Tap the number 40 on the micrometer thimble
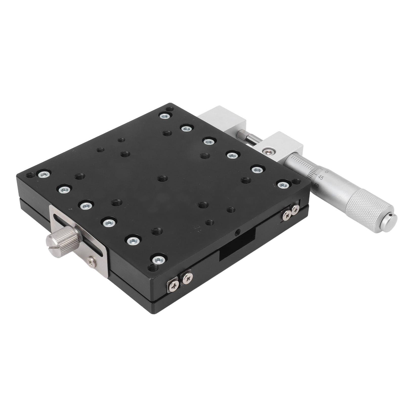316,186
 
